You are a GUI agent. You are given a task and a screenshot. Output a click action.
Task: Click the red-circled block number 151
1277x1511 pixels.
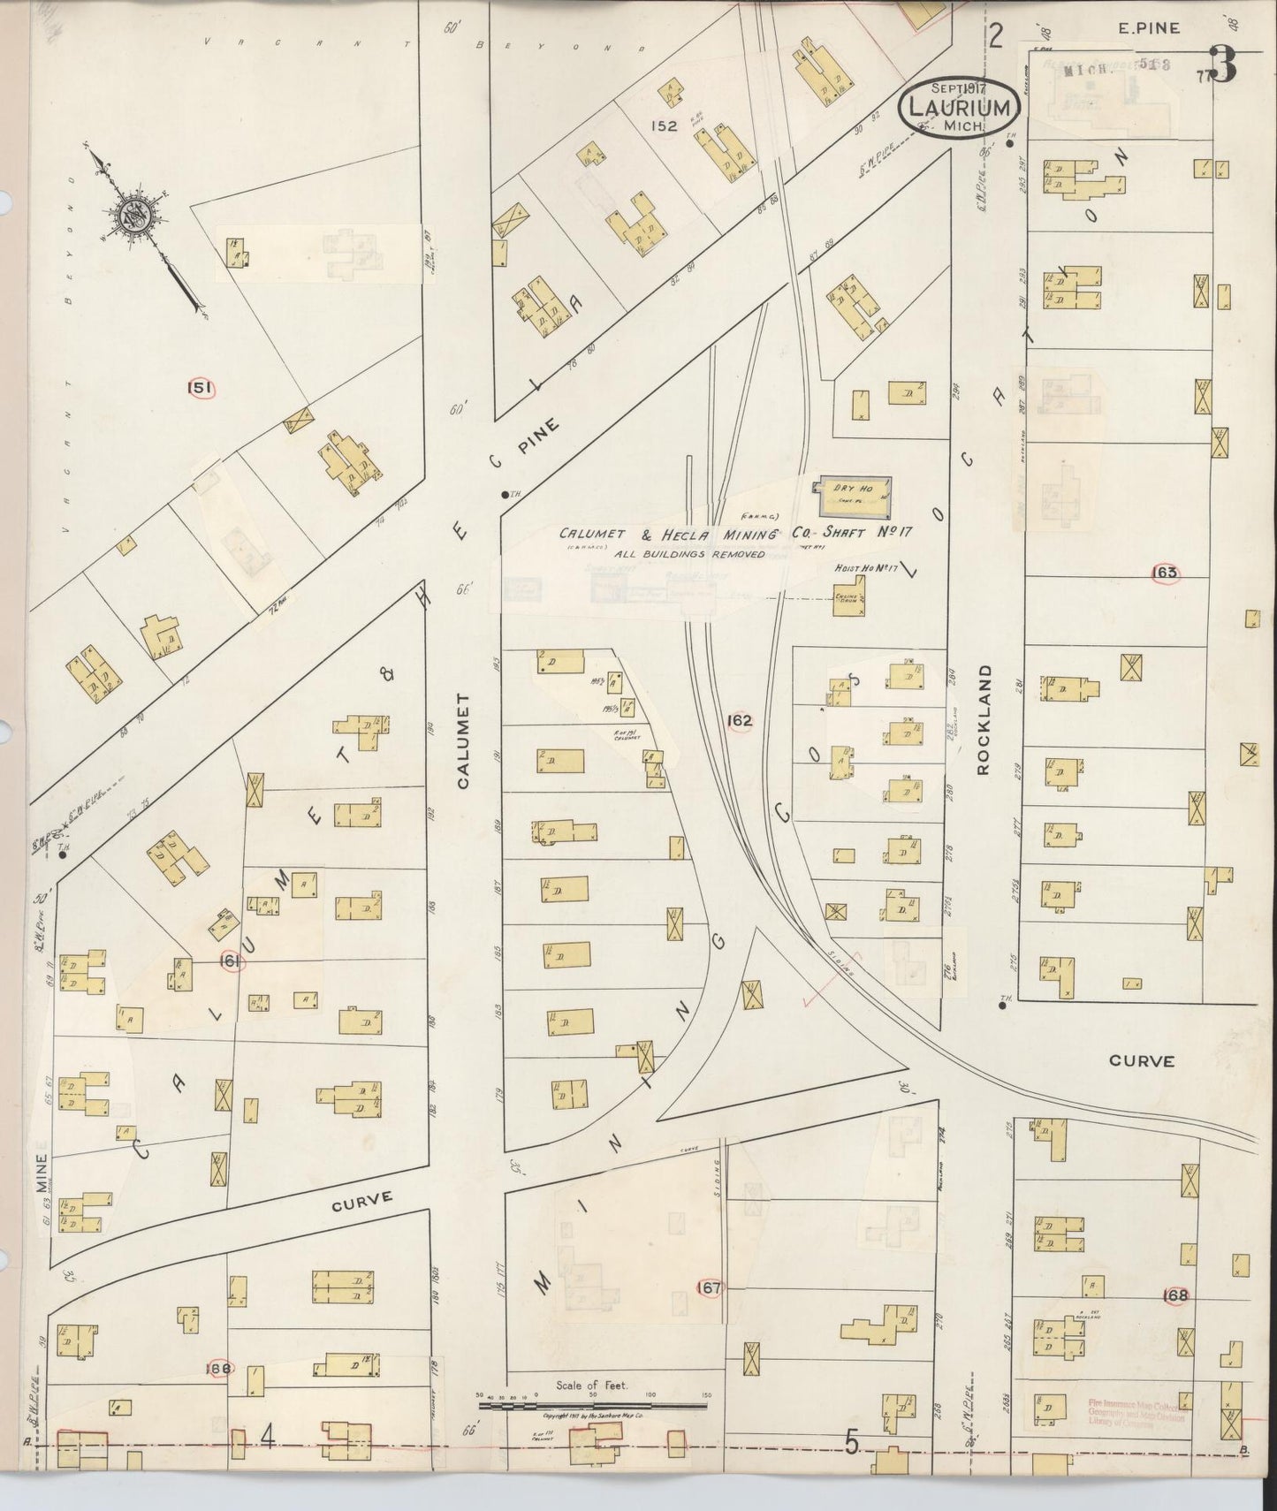(x=201, y=387)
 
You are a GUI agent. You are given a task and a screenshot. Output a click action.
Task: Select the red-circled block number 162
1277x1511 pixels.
(x=739, y=720)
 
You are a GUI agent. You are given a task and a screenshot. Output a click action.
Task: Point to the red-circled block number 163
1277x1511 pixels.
(x=1166, y=573)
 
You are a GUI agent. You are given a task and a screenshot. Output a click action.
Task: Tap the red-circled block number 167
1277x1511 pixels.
(x=709, y=1287)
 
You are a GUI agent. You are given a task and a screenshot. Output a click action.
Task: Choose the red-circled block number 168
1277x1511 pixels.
(x=1176, y=1295)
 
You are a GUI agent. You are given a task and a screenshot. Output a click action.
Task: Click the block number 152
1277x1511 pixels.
(x=663, y=125)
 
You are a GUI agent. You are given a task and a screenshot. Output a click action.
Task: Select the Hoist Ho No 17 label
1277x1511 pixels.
(x=865, y=568)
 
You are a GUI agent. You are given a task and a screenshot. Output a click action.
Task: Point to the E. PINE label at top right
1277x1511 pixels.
(x=1149, y=28)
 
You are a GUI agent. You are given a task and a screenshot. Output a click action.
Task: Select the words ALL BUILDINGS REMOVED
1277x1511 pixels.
(x=665, y=554)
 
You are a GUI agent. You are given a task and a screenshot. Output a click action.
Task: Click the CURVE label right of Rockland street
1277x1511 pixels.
(x=1143, y=1060)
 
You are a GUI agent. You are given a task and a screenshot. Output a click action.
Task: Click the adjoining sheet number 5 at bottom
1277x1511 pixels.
(x=851, y=1443)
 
